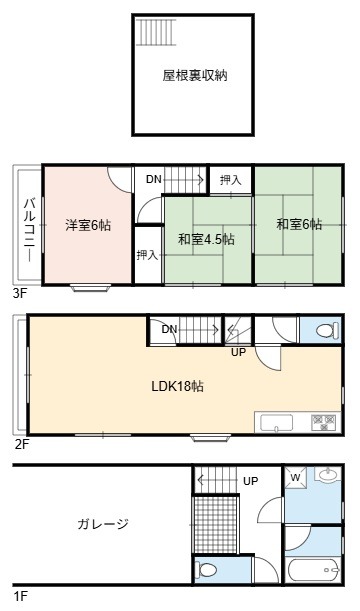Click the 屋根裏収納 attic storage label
click(x=195, y=75)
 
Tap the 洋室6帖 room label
click(x=88, y=225)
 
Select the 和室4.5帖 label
click(x=206, y=239)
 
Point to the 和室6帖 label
click(x=299, y=224)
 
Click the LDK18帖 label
click(x=177, y=386)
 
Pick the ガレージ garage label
click(x=103, y=524)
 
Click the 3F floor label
click(x=20, y=293)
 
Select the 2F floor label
click(x=22, y=444)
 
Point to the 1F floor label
click(x=21, y=596)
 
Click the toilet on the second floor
click(x=327, y=330)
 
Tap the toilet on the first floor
click(x=206, y=570)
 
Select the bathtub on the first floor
click(x=314, y=570)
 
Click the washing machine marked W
click(x=296, y=477)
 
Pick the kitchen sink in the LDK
click(x=276, y=423)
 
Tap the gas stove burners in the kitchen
click(x=324, y=422)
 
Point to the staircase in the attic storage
click(x=155, y=32)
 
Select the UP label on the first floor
click(x=251, y=481)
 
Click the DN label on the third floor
click(x=154, y=179)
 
